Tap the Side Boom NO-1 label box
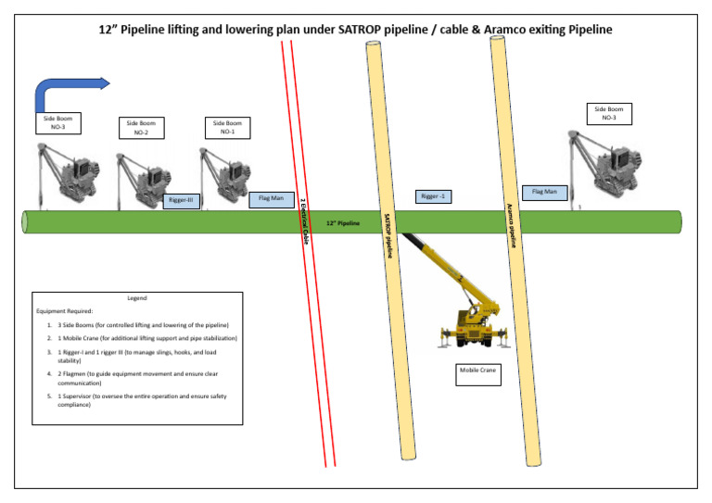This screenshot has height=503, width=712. coord(227,128)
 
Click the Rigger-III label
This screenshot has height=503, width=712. coord(181,199)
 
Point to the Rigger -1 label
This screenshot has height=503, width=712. coord(433,196)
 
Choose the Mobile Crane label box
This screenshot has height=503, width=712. coord(477,374)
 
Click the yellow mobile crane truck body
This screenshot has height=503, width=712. coord(474,323)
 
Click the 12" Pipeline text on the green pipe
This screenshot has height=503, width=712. coord(343,223)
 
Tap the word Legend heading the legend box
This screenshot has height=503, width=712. coord(136,298)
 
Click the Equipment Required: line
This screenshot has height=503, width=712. coord(64,311)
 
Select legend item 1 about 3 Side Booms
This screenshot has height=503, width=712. coord(139,325)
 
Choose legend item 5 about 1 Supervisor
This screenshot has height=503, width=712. coord(139,400)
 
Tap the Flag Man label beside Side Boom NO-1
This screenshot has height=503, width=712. coord(270,198)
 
